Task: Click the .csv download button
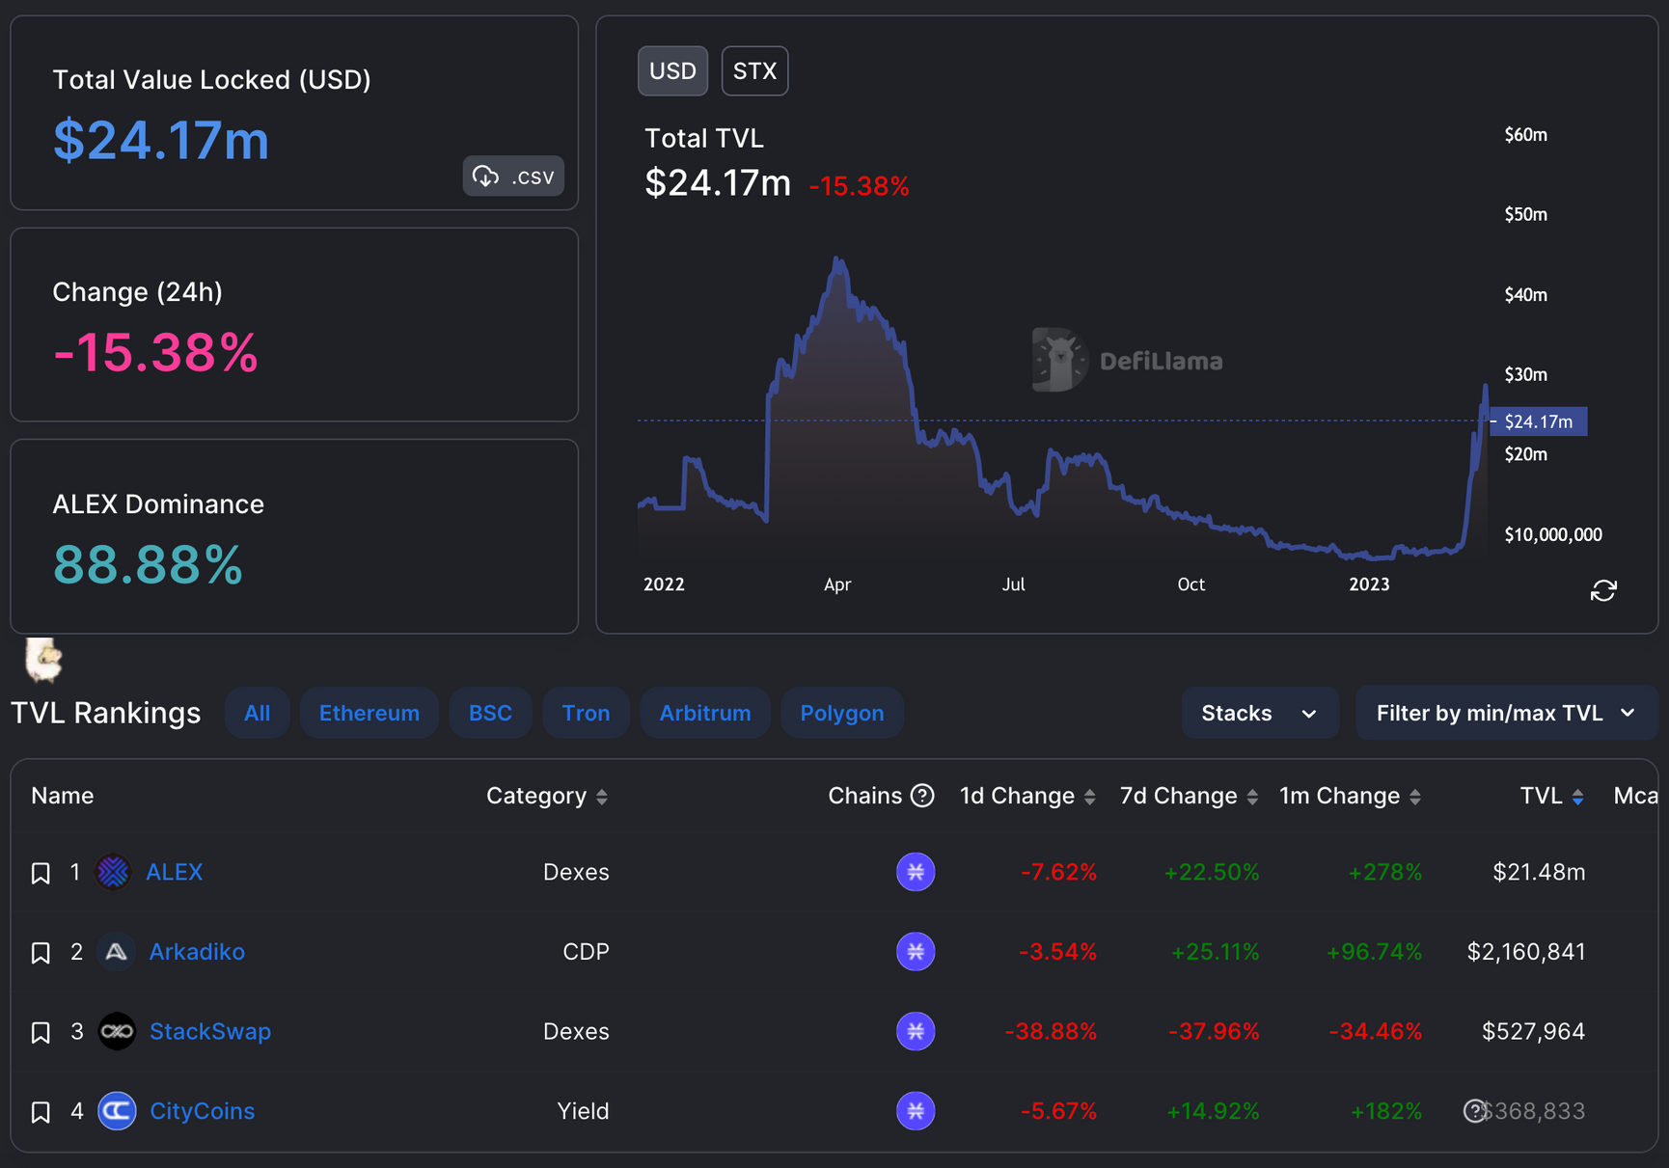pyautogui.click(x=513, y=177)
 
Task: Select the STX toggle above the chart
pyautogui.click(x=754, y=71)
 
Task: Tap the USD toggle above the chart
pyautogui.click(x=672, y=71)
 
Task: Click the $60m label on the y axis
pyautogui.click(x=1525, y=135)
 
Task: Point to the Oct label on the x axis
pyautogui.click(x=1190, y=584)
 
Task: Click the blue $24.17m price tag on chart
pyautogui.click(x=1538, y=421)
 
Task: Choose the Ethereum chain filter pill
pyautogui.click(x=369, y=713)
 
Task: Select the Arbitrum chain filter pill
pyautogui.click(x=704, y=713)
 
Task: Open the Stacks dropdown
pyautogui.click(x=1259, y=713)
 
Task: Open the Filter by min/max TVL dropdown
pyautogui.click(x=1505, y=713)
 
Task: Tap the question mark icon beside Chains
pyautogui.click(x=922, y=796)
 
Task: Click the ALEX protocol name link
pyautogui.click(x=174, y=872)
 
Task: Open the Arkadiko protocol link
pyautogui.click(x=197, y=952)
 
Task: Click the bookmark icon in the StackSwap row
pyautogui.click(x=41, y=1033)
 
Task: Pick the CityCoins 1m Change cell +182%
pyautogui.click(x=1385, y=1111)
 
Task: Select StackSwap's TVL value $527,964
pyautogui.click(x=1533, y=1031)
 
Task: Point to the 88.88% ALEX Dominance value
pyautogui.click(x=148, y=564)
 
